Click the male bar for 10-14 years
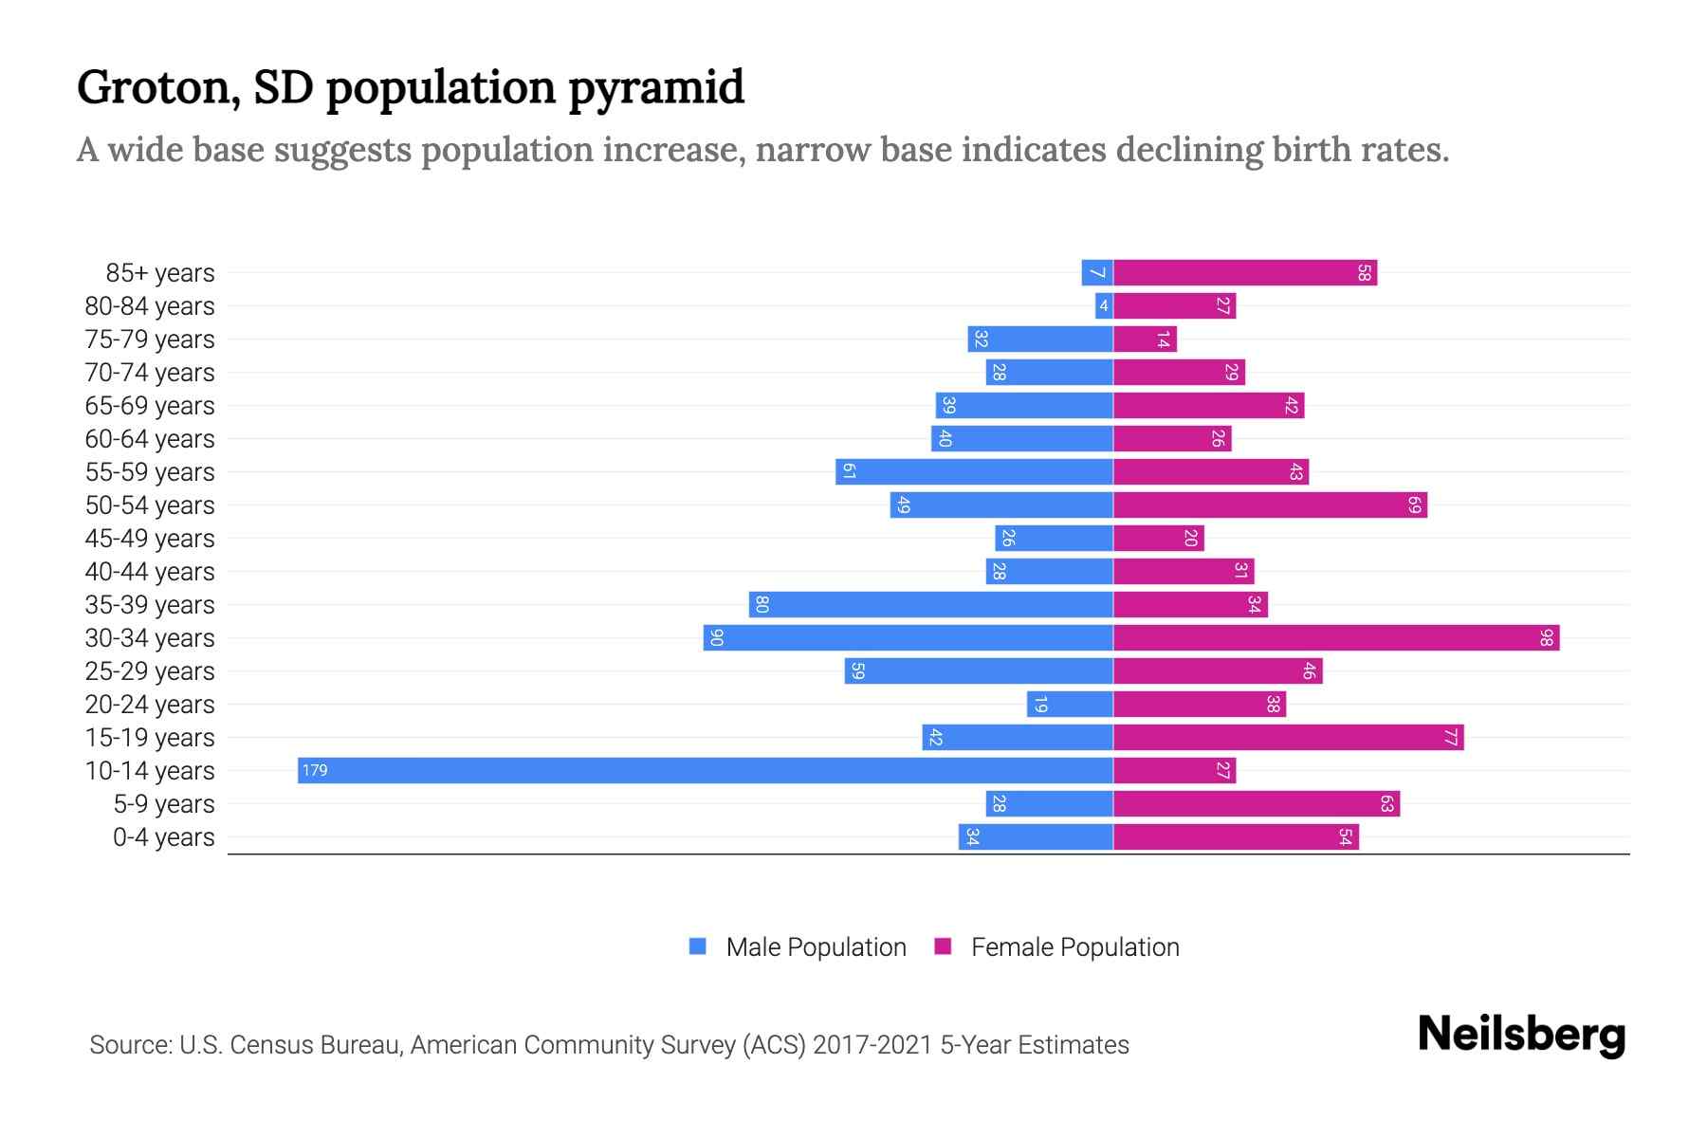(705, 770)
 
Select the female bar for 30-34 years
(1335, 637)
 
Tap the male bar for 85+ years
(1097, 272)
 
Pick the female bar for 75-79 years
(1145, 339)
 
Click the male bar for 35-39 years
(930, 604)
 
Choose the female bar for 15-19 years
(1288, 737)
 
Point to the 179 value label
(315, 770)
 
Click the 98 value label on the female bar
(1546, 637)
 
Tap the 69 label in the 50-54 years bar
(1414, 505)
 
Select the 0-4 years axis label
(163, 837)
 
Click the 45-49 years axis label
(150, 539)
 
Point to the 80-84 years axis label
(150, 306)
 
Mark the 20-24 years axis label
(150, 705)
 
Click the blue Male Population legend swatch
(698, 946)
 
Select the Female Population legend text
(1074, 947)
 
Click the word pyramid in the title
(656, 88)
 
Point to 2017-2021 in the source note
(872, 1045)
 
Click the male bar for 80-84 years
(1104, 305)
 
